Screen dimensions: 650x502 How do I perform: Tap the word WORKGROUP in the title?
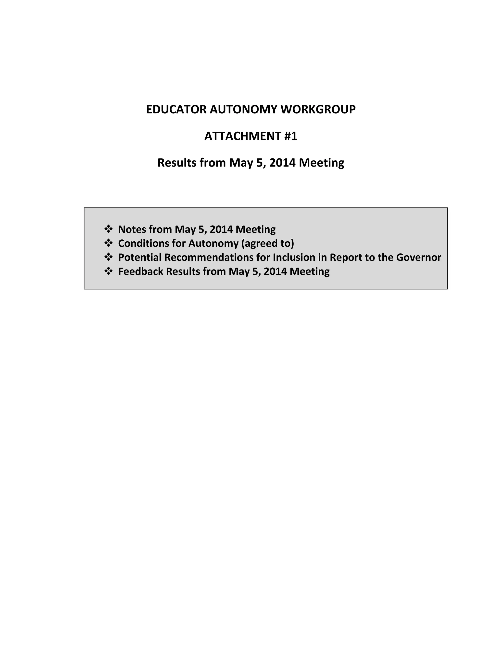click(x=318, y=110)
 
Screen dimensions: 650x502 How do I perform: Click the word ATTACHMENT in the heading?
click(x=242, y=136)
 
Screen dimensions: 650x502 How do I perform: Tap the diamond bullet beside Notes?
click(x=108, y=229)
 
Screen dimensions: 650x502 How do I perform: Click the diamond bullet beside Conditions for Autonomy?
click(x=108, y=243)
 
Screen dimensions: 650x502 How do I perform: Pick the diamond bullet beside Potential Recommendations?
click(x=108, y=257)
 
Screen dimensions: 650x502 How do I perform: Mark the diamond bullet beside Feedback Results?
click(x=108, y=271)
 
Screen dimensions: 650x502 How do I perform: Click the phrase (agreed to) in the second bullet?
click(x=267, y=244)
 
